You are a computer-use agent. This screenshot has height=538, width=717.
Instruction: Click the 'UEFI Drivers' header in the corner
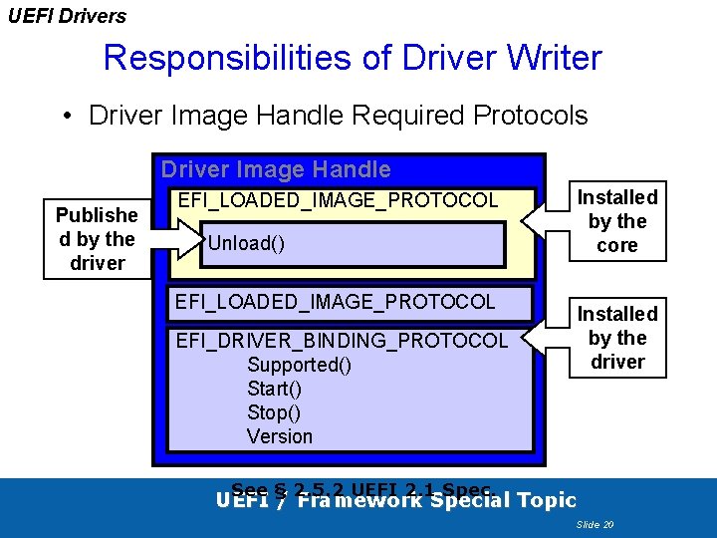coord(67,16)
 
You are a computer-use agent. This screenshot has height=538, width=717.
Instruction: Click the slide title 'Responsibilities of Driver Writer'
coord(353,58)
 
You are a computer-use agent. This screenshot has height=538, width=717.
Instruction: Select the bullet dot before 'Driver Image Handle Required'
coord(67,117)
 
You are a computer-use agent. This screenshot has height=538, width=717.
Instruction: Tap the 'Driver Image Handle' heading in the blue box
coord(276,169)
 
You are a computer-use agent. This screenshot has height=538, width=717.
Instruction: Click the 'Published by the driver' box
coord(97,239)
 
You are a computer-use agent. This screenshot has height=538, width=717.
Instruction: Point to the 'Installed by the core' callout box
coord(616,221)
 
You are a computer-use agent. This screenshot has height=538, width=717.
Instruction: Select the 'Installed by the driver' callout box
coord(616,338)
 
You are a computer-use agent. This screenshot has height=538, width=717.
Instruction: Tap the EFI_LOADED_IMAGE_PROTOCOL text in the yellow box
coord(337,200)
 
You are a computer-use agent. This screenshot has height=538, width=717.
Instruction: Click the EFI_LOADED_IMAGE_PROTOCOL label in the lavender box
coord(335,301)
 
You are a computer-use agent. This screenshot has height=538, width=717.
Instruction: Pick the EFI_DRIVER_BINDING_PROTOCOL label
coord(341,341)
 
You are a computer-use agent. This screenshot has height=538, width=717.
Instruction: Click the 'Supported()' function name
coord(299,365)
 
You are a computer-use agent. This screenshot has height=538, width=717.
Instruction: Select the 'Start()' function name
coord(274,389)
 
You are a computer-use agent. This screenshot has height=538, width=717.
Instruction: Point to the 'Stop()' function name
coord(273,412)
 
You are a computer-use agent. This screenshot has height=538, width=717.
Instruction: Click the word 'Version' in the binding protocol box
coord(279,436)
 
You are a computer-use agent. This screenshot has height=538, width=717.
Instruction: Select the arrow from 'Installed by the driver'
coord(544,337)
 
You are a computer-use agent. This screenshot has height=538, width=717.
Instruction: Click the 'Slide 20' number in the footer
coord(595,523)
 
